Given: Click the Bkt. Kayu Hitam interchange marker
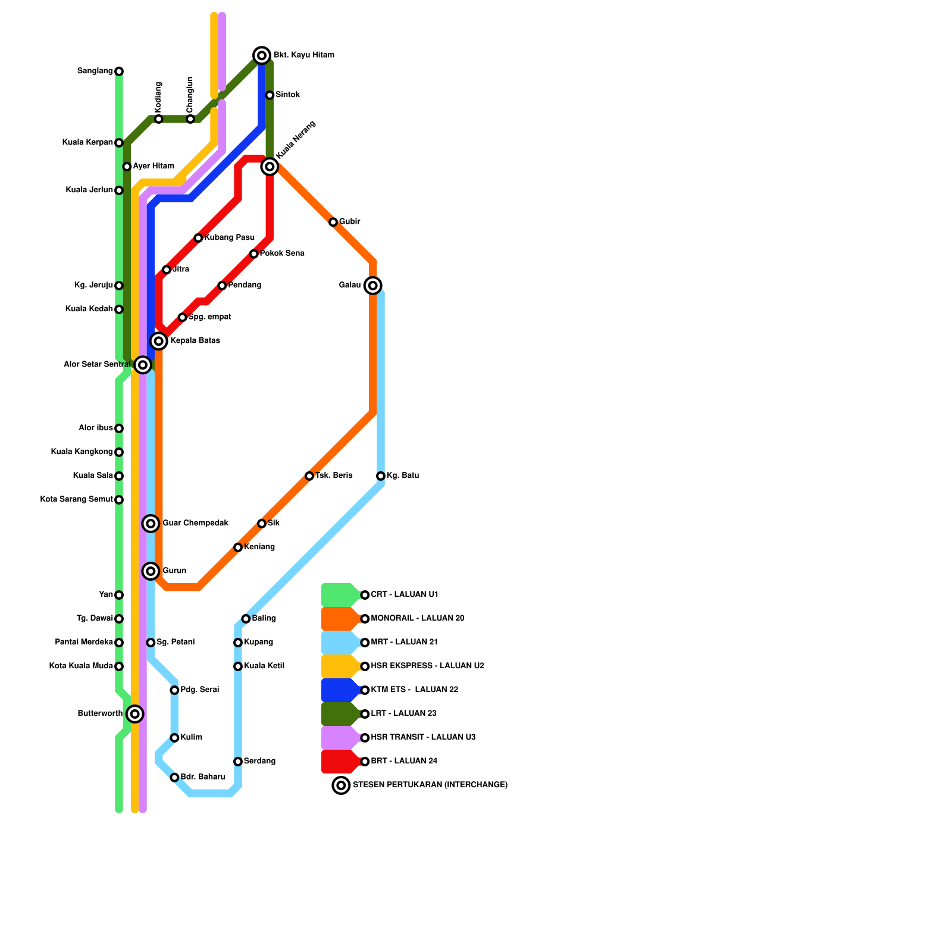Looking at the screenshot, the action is (262, 55).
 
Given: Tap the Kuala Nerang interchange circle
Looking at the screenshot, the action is (270, 167).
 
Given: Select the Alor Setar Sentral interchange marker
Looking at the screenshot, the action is (142, 364).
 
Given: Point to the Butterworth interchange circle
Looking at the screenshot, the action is (135, 714).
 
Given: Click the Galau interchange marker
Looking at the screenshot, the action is (373, 286).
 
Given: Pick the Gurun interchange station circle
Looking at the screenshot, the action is (151, 571).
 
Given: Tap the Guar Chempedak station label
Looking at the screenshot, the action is (195, 524).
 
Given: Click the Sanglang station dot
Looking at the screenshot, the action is (119, 71).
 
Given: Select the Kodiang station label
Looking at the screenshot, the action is (158, 96).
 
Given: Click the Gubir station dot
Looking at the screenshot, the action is (333, 222).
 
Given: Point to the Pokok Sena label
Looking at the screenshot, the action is (282, 253).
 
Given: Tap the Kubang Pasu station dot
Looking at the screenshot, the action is (198, 238).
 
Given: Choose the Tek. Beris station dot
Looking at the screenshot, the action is (309, 476).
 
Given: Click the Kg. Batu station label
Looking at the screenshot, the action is (403, 476).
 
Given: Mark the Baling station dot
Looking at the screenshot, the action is (246, 619).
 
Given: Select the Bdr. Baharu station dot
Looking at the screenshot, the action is (174, 778).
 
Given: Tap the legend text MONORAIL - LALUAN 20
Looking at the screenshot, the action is (417, 619).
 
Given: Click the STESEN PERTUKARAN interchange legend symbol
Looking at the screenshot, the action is (341, 785).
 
